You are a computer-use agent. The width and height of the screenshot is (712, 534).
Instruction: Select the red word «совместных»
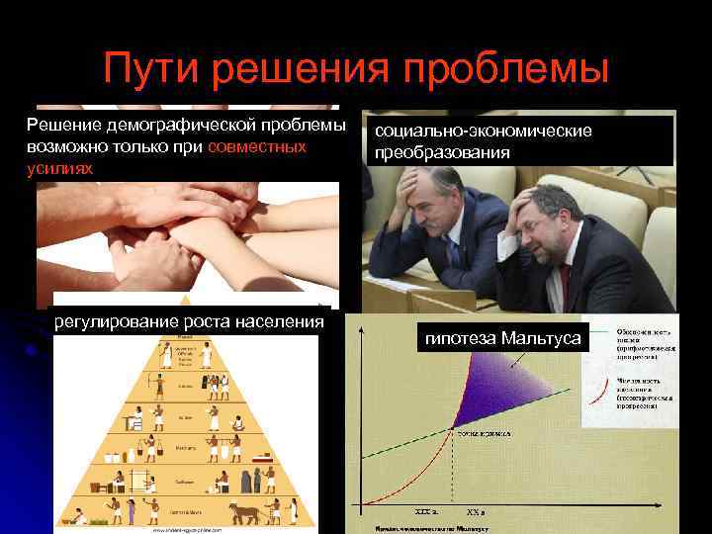coord(257,146)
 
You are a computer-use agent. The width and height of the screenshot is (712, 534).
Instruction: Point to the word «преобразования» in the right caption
coord(442,153)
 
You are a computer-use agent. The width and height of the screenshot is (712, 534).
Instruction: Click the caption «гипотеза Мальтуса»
coord(502,339)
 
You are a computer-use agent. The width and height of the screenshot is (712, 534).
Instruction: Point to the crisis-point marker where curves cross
coord(454,428)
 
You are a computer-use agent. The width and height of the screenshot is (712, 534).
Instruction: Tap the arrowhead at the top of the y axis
coord(359,328)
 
